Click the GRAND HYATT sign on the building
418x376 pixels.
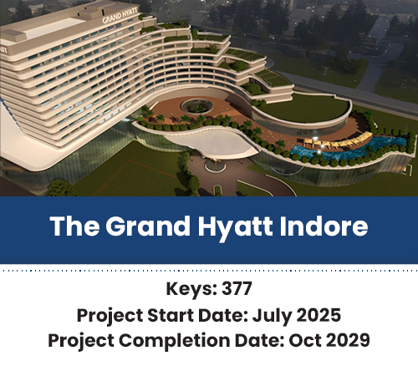[x=120, y=15]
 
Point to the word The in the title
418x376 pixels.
[x=74, y=226]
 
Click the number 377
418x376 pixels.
[x=237, y=288]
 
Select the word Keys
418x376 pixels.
[x=191, y=289]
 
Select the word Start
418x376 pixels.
[x=171, y=315]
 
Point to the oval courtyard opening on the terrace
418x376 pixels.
[x=196, y=106]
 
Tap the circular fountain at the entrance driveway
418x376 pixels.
[x=215, y=165]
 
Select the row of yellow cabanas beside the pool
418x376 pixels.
[x=338, y=140]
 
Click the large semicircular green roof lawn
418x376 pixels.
[x=303, y=108]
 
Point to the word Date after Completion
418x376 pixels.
[x=260, y=340]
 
